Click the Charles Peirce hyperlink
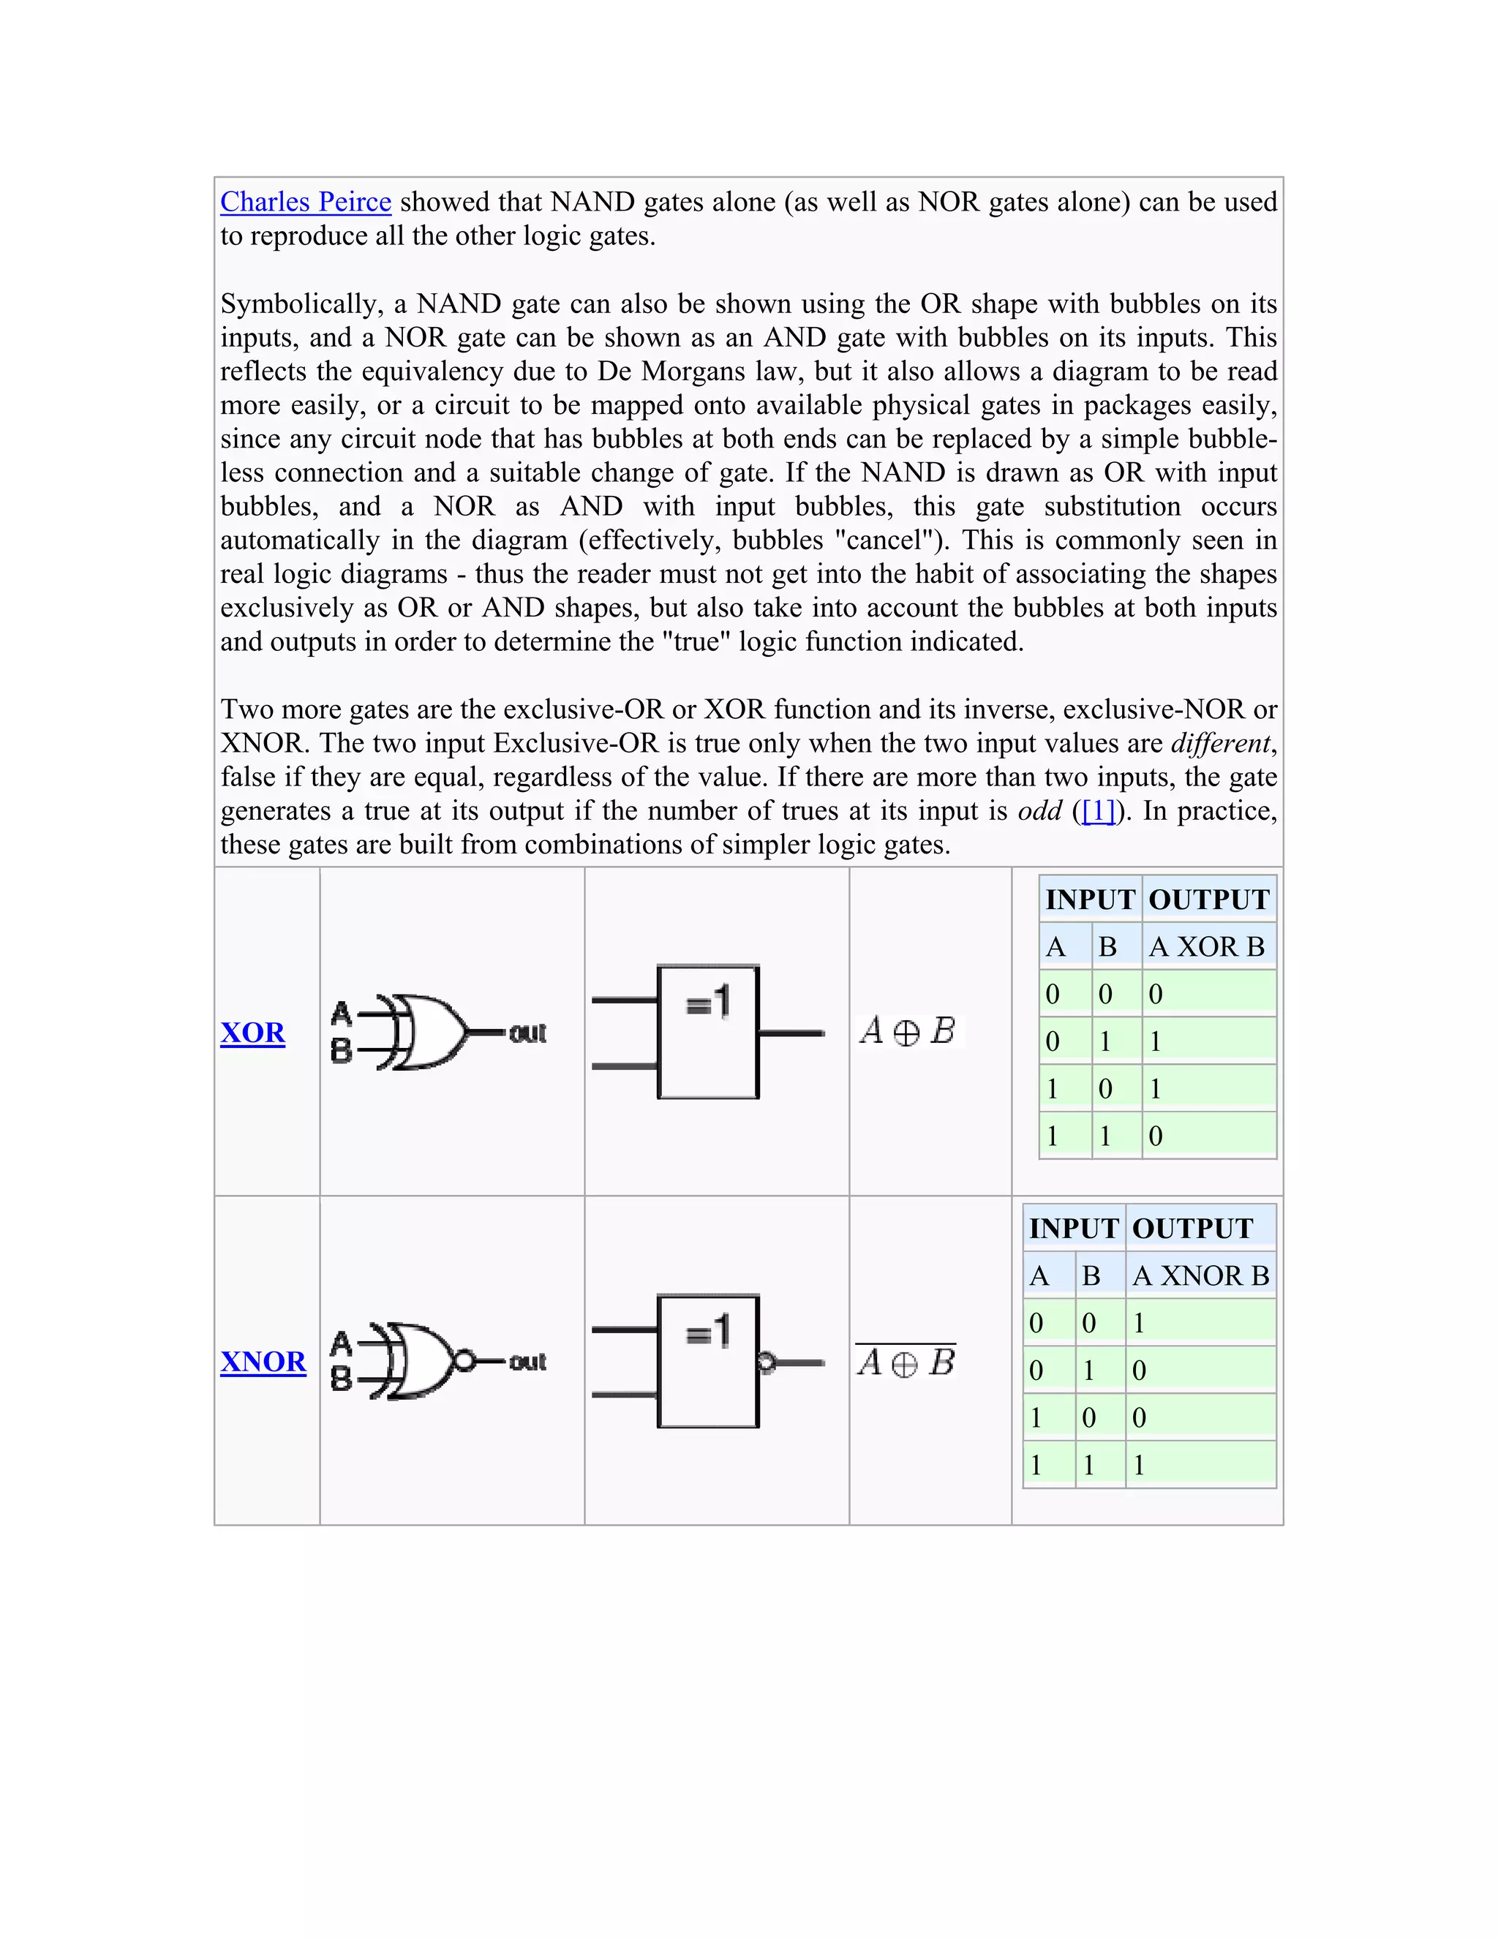tap(305, 203)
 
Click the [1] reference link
tap(1099, 811)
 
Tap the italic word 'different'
tap(1220, 744)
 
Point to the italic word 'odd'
tap(1039, 811)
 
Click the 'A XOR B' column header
tap(1207, 947)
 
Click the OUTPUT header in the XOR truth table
tap(1208, 900)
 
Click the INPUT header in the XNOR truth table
tap(1074, 1229)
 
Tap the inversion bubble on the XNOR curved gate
tap(463, 1360)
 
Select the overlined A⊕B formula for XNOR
tap(906, 1361)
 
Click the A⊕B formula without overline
tap(908, 1031)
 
